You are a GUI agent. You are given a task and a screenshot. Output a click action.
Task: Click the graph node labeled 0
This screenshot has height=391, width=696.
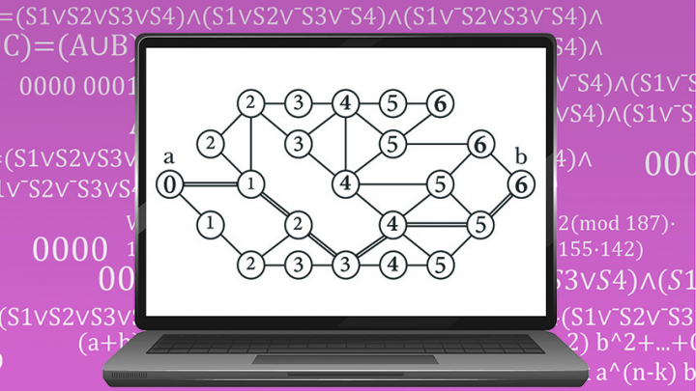(169, 184)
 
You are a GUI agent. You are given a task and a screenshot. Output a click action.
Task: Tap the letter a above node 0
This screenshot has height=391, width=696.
(169, 157)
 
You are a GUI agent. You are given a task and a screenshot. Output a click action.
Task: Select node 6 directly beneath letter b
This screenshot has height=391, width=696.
(521, 182)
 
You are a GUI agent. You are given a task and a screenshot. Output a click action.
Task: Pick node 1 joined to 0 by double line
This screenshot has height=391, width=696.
(250, 183)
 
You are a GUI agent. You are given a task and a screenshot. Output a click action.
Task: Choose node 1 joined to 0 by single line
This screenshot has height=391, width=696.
(210, 224)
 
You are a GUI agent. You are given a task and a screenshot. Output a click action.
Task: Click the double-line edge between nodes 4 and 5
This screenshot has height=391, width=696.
(436, 224)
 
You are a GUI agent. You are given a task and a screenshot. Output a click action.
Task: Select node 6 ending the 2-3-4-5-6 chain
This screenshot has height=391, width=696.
(439, 102)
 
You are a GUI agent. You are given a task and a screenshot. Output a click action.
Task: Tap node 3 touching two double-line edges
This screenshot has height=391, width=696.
(343, 262)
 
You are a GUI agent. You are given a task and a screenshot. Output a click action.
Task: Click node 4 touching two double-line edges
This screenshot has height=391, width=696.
(391, 224)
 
